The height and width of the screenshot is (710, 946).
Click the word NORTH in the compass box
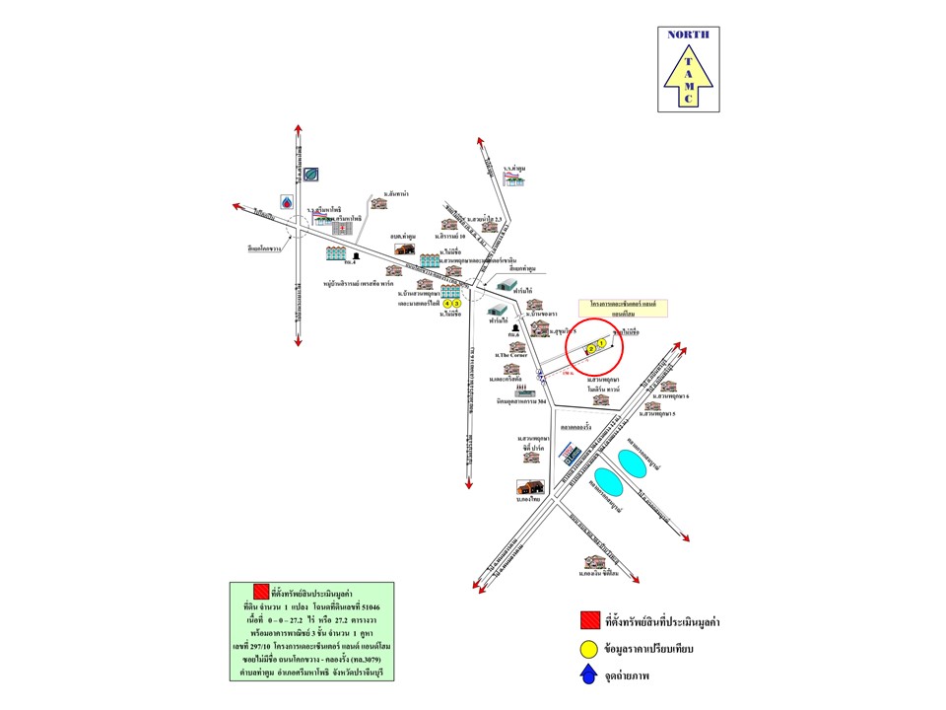pos(687,35)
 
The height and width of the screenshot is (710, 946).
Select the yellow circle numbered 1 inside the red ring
pos(601,344)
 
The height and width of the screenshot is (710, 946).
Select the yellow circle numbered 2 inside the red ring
pos(591,348)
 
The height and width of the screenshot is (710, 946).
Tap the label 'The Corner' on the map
pos(515,354)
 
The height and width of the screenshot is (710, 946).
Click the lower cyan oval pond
pos(609,484)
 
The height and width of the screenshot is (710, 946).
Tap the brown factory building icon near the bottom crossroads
pos(530,487)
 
